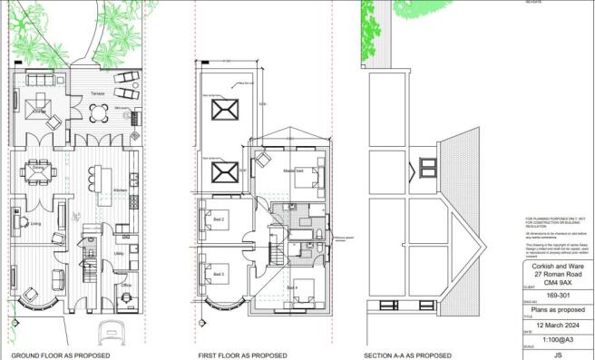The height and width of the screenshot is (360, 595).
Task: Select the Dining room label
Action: click(38, 168)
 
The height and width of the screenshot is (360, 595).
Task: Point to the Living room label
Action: click(36, 222)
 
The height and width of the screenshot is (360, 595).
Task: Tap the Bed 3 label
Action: click(218, 273)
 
